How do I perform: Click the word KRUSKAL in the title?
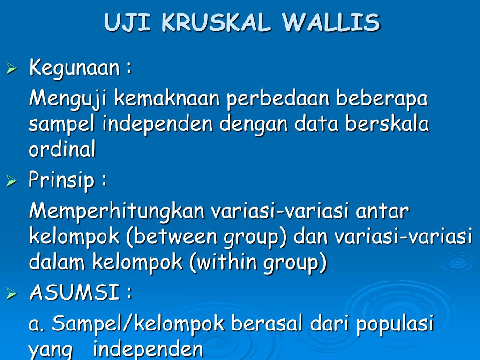(216, 22)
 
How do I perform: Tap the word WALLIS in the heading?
(330, 22)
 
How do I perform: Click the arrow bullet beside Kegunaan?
(12, 68)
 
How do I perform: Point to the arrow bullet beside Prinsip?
(12, 181)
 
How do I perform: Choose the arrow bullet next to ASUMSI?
(12, 293)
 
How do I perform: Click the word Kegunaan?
(75, 67)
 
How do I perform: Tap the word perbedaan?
(277, 98)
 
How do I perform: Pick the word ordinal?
(62, 148)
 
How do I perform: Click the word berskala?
(387, 123)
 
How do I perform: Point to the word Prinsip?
(61, 180)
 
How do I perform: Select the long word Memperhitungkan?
(117, 212)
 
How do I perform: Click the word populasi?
(395, 324)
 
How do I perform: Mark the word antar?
(382, 212)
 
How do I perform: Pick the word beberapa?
(382, 98)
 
